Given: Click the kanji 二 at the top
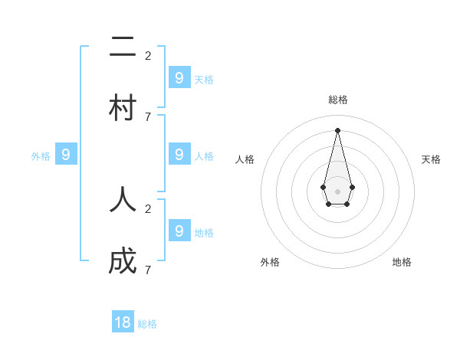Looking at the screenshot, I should [123, 47].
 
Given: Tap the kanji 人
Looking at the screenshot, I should [123, 200].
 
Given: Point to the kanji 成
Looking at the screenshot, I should [123, 261].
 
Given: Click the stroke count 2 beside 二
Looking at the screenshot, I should [148, 55].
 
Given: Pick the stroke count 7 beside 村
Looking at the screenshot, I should [148, 116].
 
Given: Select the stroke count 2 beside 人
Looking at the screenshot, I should [148, 208].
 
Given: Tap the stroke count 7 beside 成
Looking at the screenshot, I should [148, 270].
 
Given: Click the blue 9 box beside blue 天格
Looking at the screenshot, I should [179, 77].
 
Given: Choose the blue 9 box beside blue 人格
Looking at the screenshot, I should [179, 154].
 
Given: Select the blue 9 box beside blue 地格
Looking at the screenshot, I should [179, 231].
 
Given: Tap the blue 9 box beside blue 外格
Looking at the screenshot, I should [66, 154].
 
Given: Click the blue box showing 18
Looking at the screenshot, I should [123, 322].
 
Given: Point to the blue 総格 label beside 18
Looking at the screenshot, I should [147, 324].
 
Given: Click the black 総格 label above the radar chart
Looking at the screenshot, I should [338, 100].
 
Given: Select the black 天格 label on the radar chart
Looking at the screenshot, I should [431, 159].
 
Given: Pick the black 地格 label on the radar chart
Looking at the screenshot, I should [402, 262].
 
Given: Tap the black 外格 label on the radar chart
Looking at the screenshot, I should [270, 262].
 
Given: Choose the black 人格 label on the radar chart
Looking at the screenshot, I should [245, 159].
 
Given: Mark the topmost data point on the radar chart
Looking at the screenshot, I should [337, 129].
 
